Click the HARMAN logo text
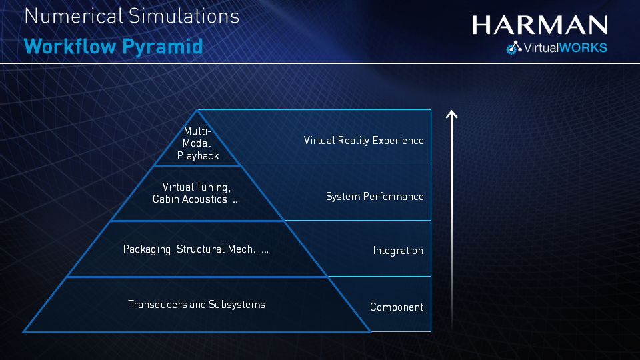[x=539, y=25]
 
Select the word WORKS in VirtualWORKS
[x=583, y=48]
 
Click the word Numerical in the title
[x=73, y=16]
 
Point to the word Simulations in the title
[x=184, y=16]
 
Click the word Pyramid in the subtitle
[x=163, y=47]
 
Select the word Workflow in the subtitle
[x=70, y=46]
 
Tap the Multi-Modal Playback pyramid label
[x=198, y=143]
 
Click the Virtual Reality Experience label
[x=364, y=141]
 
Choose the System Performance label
[x=375, y=197]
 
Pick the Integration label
[x=398, y=251]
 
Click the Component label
[x=396, y=307]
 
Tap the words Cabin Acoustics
[x=190, y=199]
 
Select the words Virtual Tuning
[x=195, y=187]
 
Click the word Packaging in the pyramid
[x=147, y=249]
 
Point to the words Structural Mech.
[x=217, y=249]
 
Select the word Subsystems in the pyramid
[x=237, y=305]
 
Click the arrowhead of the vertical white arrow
[x=451, y=114]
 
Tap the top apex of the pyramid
[x=197, y=110]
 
